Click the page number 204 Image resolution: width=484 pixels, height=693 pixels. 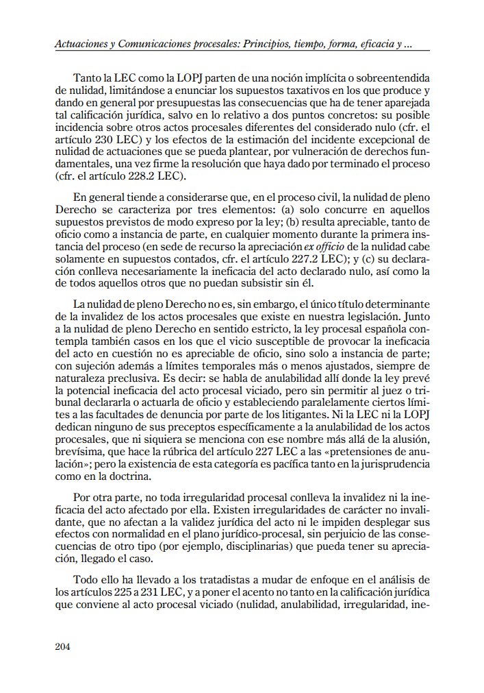pos(62,646)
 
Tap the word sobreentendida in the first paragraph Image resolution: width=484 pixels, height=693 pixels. pos(390,79)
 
